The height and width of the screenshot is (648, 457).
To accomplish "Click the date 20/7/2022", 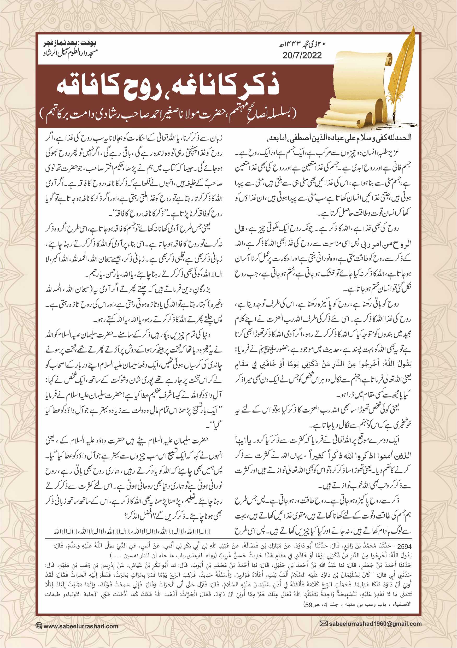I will click(302, 55).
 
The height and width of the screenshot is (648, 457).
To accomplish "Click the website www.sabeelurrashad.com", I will click(81, 626).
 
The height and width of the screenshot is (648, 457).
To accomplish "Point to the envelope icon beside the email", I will click(324, 623).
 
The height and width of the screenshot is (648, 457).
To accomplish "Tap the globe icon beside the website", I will click(39, 626).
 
